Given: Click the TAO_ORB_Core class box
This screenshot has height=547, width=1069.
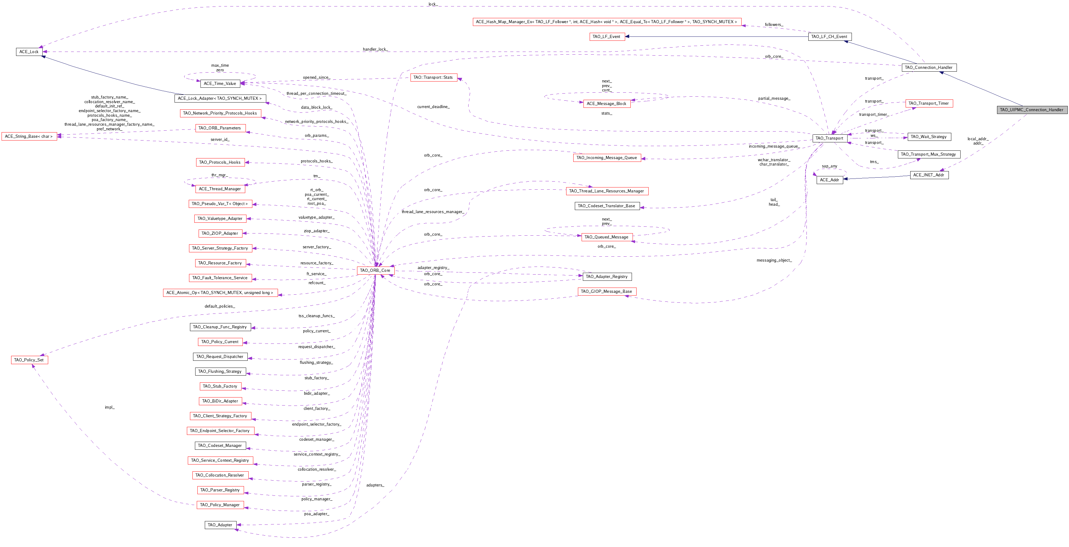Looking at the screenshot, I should [x=375, y=270].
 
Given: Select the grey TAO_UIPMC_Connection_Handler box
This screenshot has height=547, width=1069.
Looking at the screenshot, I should [x=1031, y=110].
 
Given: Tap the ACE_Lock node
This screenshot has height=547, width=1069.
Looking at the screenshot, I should [x=29, y=52].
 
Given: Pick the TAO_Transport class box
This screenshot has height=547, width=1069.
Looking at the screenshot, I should [x=829, y=138].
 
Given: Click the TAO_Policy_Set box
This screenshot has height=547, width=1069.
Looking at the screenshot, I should [x=29, y=360].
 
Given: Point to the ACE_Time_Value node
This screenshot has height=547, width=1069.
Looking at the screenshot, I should [x=220, y=83].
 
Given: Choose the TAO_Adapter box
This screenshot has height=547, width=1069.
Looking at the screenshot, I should [x=220, y=525].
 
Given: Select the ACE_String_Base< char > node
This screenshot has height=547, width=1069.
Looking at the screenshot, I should [x=29, y=136].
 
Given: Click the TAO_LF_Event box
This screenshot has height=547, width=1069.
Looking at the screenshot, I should [x=607, y=36].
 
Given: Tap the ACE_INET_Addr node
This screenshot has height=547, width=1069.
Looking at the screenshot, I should [x=929, y=175].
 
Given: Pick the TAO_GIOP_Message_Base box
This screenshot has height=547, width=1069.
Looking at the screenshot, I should [x=606, y=291].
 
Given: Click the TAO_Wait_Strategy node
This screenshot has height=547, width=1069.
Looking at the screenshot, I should [x=929, y=137].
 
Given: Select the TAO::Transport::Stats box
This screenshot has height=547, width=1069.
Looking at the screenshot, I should [x=433, y=77].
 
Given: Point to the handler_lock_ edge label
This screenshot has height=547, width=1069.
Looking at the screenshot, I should [x=375, y=49].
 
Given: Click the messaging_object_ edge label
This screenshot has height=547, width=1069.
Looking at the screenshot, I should [x=774, y=260].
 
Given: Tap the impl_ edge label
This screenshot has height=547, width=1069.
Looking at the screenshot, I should [x=110, y=407].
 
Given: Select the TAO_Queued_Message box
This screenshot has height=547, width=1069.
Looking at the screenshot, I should [x=606, y=237].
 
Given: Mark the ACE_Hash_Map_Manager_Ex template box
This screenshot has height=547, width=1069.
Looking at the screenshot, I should [x=606, y=22].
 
